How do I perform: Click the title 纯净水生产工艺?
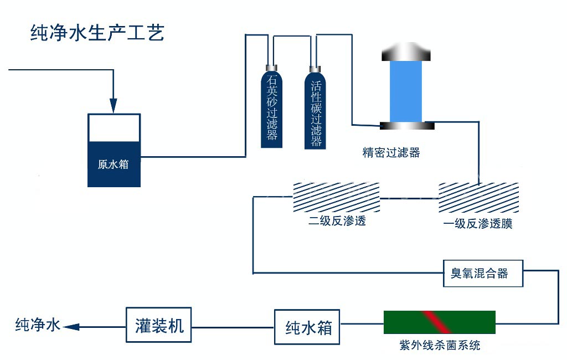click(x=97, y=34)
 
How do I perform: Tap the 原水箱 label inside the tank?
click(x=114, y=164)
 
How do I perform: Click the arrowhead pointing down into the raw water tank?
click(x=114, y=105)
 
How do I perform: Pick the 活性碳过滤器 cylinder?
click(x=316, y=111)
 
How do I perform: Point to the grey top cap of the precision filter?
click(x=406, y=54)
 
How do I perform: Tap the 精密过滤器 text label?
click(x=391, y=152)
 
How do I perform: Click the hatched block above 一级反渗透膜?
click(x=478, y=197)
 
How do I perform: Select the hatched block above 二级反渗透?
click(x=336, y=197)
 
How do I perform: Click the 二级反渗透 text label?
click(x=337, y=222)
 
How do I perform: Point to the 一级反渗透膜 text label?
click(x=477, y=224)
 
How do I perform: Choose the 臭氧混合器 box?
click(x=483, y=273)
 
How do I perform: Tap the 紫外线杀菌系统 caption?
click(x=440, y=346)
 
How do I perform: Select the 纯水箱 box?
click(x=307, y=327)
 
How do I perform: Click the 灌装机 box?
click(x=158, y=325)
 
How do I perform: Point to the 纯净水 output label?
click(x=37, y=325)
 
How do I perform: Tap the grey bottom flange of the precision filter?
click(x=406, y=126)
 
